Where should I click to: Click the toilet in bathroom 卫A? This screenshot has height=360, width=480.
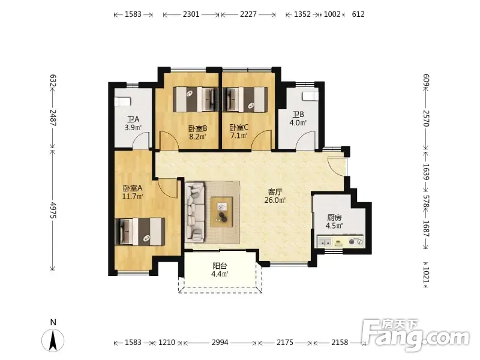point(123,101)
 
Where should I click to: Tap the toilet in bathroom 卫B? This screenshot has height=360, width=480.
point(310,96)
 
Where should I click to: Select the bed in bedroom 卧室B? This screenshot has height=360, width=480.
point(196,100)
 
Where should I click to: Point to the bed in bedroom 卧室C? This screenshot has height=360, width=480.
point(245,100)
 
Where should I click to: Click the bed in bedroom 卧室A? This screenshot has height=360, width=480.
point(140,232)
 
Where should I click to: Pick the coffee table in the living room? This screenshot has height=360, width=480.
point(221,212)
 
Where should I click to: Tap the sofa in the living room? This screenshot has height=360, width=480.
point(194,211)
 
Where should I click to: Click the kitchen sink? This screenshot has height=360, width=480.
point(325,242)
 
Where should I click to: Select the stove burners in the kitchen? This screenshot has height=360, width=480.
point(355,242)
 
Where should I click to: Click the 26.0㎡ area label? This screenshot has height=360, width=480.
point(275,200)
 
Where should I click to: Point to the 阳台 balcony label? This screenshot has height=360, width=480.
point(220,266)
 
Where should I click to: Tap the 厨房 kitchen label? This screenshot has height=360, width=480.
point(334,218)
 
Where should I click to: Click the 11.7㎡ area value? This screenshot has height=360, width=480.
point(133,196)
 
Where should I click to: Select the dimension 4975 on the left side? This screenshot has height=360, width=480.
point(53,210)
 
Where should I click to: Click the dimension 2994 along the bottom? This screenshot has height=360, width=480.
point(220,342)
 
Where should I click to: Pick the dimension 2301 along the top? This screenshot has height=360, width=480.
point(191,14)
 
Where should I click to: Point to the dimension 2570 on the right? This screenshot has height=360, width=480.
point(427,118)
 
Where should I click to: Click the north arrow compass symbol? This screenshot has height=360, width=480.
point(53,340)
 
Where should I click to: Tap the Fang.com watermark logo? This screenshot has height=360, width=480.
point(415,336)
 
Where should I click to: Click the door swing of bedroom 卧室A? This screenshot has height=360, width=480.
point(168,189)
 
